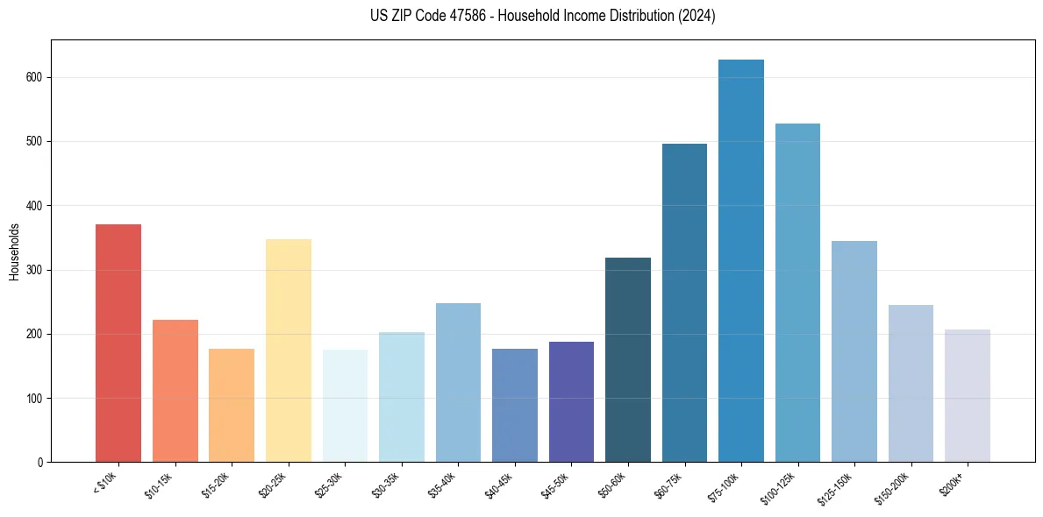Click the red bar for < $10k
tap(118, 343)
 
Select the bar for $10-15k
tap(175, 391)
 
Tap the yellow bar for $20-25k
tap(289, 351)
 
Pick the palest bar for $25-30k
tap(345, 406)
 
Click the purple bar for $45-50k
tap(571, 401)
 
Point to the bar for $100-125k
tap(797, 293)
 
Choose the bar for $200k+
tap(967, 395)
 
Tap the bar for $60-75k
tap(684, 302)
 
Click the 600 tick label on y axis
tap(36, 77)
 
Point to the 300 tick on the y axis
tap(36, 270)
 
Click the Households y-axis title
tap(14, 251)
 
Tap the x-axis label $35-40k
tap(445, 484)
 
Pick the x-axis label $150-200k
tap(893, 486)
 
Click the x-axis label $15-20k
tap(218, 484)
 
